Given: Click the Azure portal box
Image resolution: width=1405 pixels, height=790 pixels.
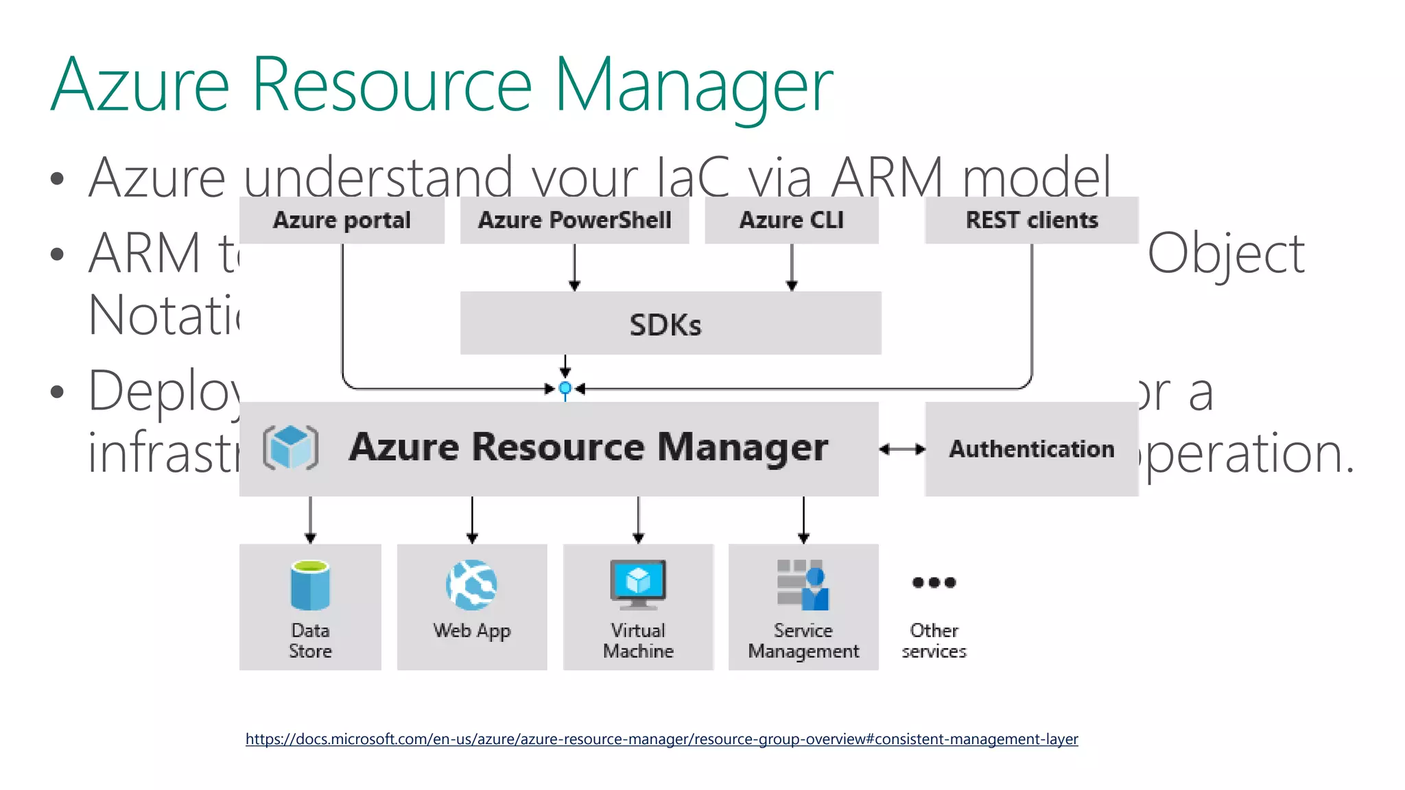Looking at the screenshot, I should (342, 220).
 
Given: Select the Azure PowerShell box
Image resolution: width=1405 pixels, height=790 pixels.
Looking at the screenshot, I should (574, 220).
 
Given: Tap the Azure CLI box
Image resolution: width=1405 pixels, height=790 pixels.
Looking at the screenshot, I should (791, 220).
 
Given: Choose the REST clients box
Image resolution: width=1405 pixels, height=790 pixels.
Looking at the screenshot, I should (1031, 220).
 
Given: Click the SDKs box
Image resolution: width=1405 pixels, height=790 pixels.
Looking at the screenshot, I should (670, 324).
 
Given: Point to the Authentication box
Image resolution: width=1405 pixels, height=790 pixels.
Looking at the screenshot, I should (1031, 449).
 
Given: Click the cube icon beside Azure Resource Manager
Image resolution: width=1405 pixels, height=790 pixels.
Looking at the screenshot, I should (291, 448).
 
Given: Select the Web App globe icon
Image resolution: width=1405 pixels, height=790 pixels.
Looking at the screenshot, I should (471, 585).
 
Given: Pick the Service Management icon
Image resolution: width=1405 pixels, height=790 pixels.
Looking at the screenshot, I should (803, 585).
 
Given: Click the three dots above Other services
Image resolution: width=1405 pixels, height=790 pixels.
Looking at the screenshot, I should (934, 583).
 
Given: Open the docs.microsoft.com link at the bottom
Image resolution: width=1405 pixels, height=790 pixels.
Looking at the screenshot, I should (661, 739).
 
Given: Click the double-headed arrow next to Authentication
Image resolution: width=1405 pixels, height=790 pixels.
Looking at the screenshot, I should (902, 449).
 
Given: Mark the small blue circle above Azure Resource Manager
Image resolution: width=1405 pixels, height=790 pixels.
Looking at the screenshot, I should (565, 389).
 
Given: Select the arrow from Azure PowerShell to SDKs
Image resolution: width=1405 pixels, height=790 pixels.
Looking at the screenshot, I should (575, 267).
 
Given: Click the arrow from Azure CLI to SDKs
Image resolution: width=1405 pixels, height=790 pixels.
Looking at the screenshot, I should (792, 267).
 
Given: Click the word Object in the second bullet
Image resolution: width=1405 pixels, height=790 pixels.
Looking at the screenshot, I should (1226, 254).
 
